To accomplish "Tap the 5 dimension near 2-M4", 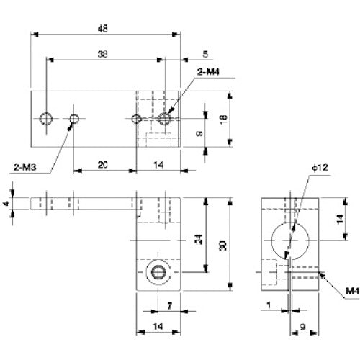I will coord(185,55).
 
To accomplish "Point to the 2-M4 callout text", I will coord(208,71).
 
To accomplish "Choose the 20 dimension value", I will coord(104,166).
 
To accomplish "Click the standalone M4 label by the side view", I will coord(351,290).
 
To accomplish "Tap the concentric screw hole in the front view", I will coord(157,272).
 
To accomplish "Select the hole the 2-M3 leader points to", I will coord(74,117).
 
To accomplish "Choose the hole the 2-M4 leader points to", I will coord(166,117).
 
